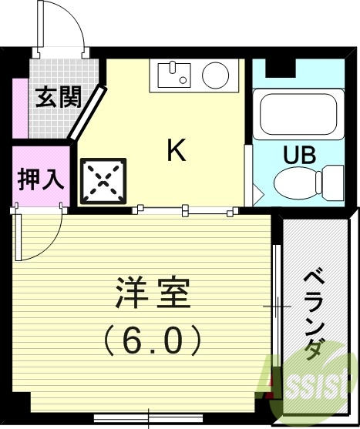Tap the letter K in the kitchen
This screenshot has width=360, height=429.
tap(177, 150)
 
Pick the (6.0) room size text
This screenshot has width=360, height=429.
tap(153, 337)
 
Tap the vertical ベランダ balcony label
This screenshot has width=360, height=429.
tap(312, 313)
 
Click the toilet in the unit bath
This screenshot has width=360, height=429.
tap(301, 183)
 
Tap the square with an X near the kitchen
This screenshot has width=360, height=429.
tap(103, 183)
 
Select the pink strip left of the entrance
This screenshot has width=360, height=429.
tap(20, 108)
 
